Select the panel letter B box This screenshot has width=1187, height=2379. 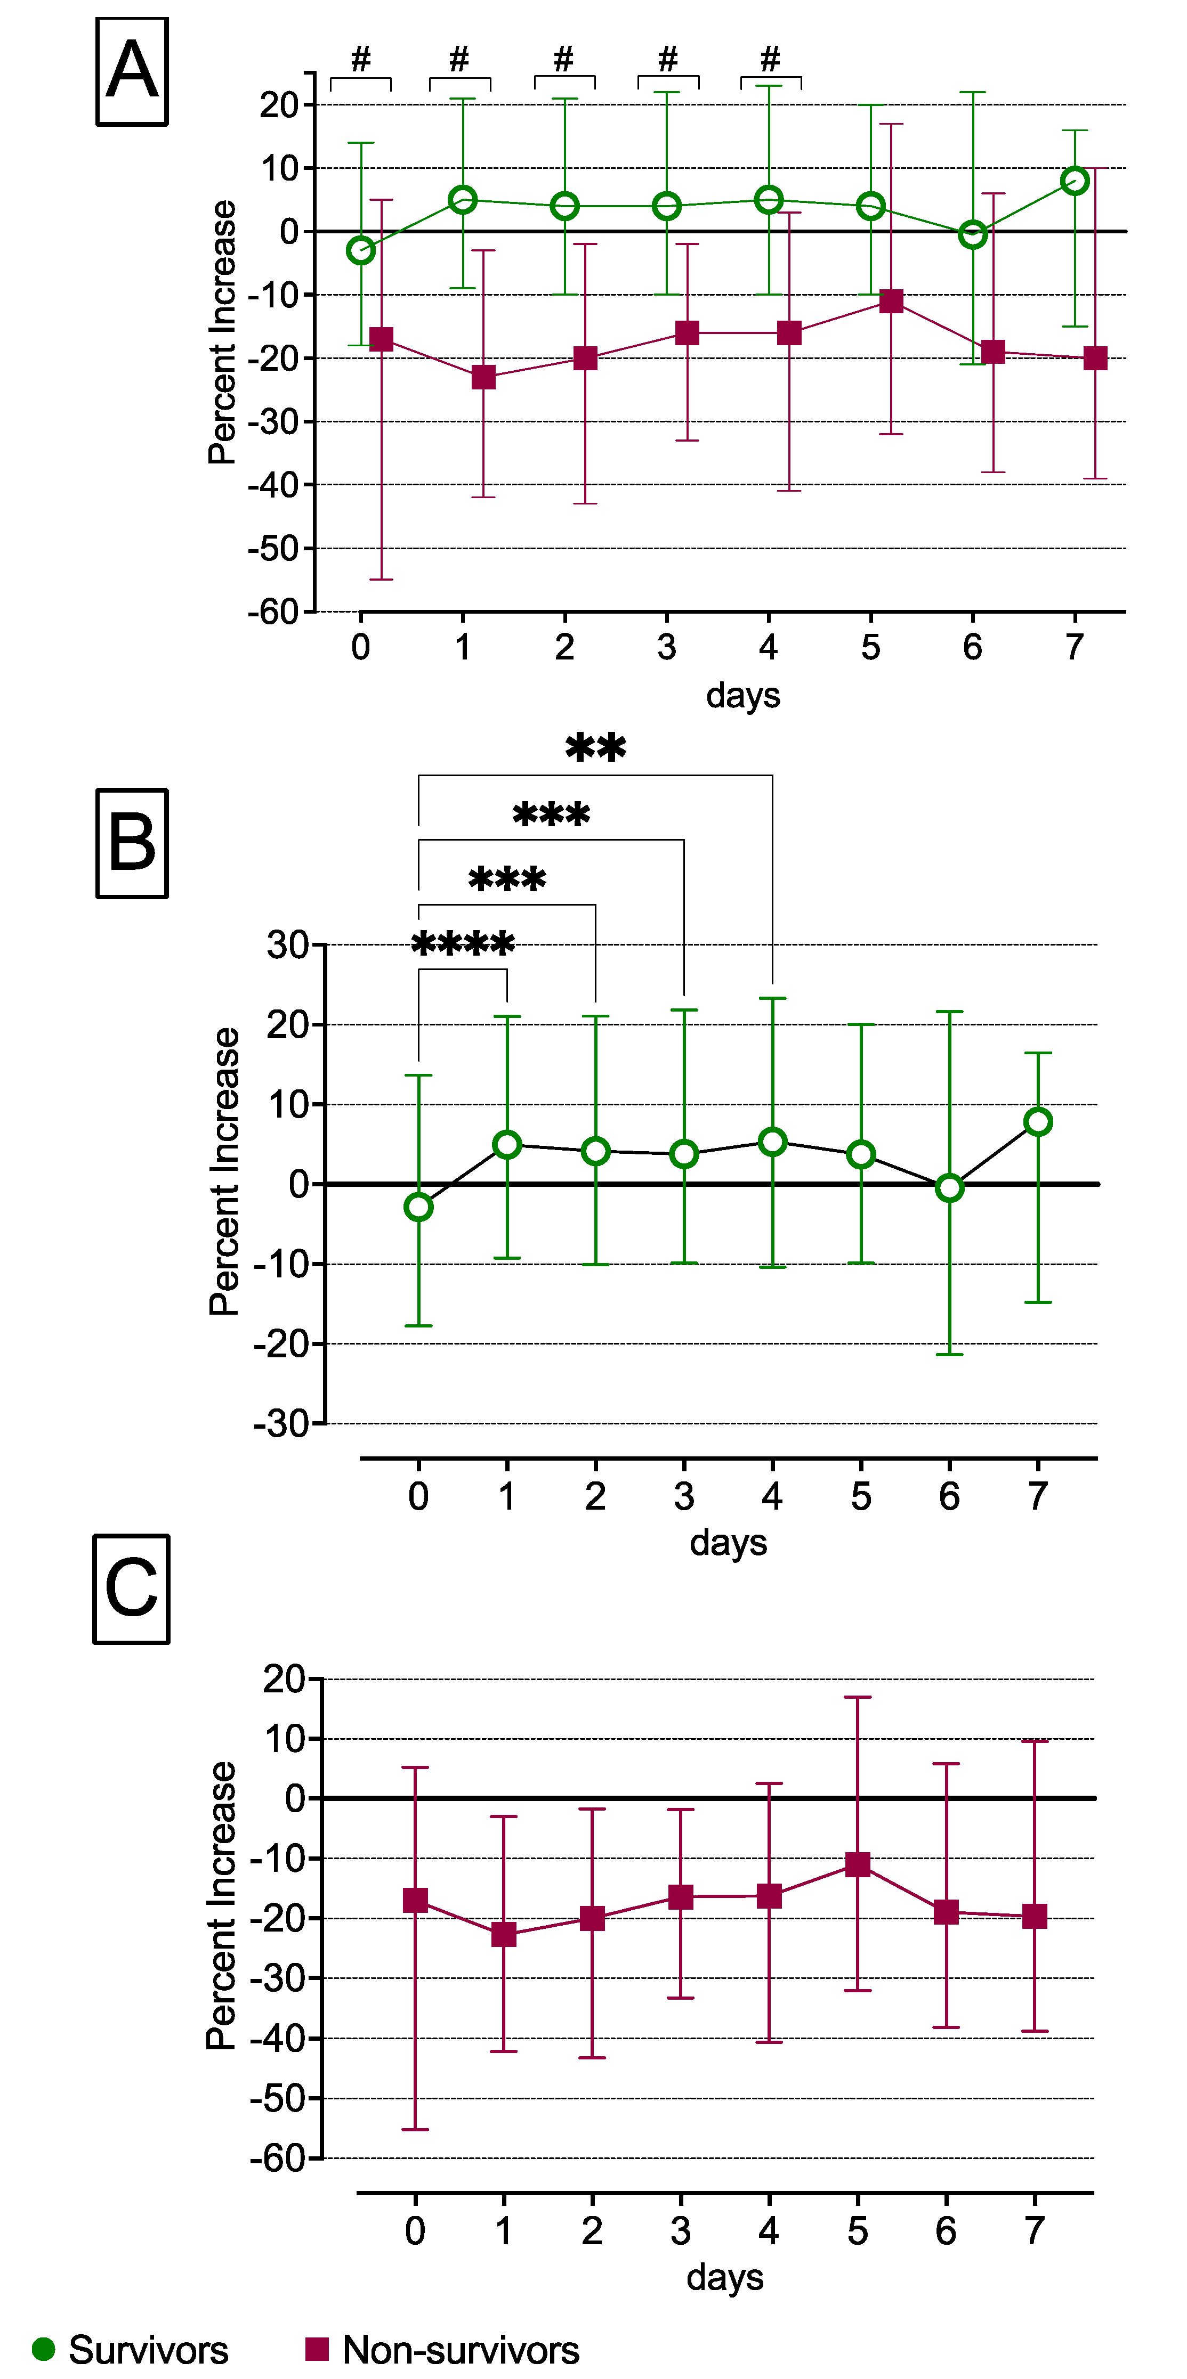[x=132, y=843]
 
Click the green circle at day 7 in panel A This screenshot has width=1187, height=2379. [x=1075, y=181]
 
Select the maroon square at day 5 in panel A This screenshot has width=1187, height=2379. [x=891, y=301]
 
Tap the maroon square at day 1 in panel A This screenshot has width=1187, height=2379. [x=483, y=377]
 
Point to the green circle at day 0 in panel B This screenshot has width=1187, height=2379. [x=418, y=1207]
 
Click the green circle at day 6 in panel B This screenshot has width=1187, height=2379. [x=950, y=1188]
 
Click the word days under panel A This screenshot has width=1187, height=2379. [x=742, y=695]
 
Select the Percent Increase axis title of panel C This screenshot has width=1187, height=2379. [x=222, y=1906]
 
